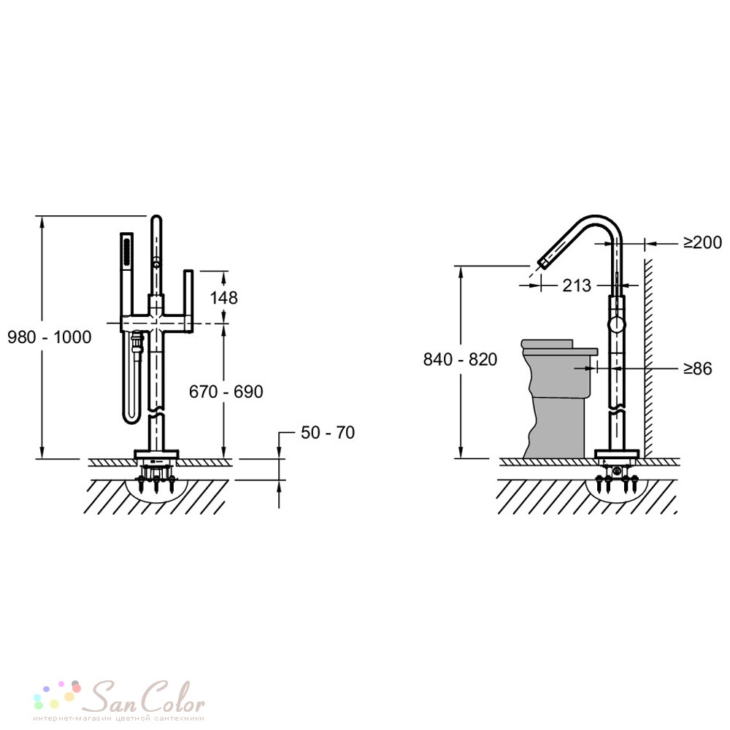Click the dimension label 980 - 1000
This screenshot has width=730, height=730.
point(50,337)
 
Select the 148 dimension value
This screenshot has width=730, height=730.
point(223,298)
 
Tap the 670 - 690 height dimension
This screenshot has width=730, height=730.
point(226,391)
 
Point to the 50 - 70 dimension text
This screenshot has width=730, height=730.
point(328,432)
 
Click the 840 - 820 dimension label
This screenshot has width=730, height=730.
point(460,359)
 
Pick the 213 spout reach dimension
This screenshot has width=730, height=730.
point(577,285)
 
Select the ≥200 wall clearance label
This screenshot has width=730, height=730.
point(702,242)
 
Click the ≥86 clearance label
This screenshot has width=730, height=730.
point(698,368)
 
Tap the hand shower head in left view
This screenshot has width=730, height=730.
point(126,251)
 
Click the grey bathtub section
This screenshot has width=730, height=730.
point(556,398)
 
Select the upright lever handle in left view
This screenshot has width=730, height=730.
point(188,301)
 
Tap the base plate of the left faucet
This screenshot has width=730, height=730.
point(156,454)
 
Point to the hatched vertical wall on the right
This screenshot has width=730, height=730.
point(648,358)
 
